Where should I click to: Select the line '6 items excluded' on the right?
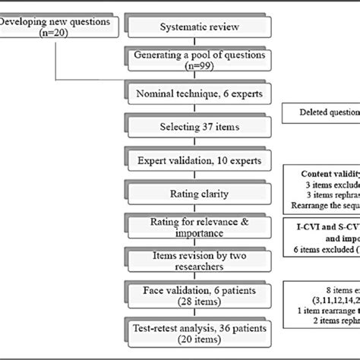click(323, 248)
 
